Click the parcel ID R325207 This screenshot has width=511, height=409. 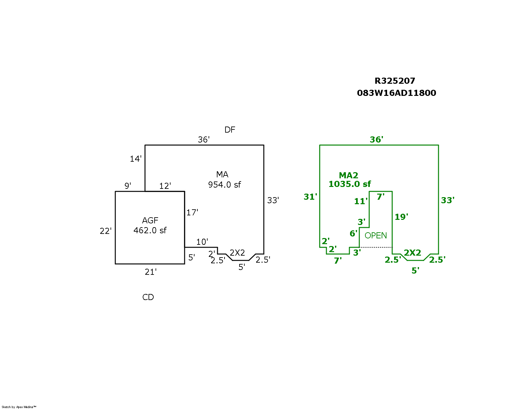point(395,81)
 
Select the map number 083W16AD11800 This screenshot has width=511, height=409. point(396,93)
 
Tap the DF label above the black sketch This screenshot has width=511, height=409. point(230,130)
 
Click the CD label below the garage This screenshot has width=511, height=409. point(148,297)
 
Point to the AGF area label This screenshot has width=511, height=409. point(150,220)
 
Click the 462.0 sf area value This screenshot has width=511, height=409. point(150,230)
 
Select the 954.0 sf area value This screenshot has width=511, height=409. point(224,185)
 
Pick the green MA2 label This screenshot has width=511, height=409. point(348,175)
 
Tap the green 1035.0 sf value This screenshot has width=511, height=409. point(350,184)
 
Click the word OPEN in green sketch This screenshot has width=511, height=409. point(376,235)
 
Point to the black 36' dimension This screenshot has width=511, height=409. point(204,140)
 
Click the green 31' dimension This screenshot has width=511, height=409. point(310,197)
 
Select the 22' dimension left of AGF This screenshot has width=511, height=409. point(105,231)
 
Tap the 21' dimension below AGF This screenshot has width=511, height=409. point(150,272)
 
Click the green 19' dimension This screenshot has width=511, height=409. point(401,217)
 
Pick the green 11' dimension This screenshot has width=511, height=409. point(361,201)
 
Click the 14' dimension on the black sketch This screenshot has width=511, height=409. point(135,159)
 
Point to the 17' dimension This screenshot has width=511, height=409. point(192,212)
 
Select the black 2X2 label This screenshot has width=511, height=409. point(237,253)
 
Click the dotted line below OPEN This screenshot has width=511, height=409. point(376,247)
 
